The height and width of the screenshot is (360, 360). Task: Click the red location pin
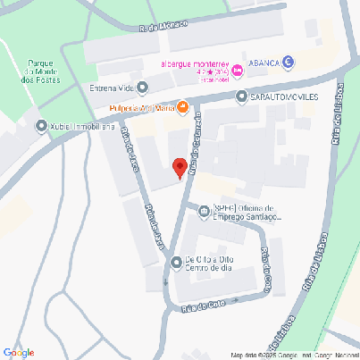[x=180, y=167]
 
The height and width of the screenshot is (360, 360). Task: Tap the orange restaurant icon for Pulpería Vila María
[x=182, y=109]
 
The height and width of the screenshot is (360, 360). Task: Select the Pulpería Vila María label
[x=142, y=109]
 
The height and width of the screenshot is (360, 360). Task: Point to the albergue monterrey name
[x=195, y=63]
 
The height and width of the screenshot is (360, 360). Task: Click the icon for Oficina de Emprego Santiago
[x=205, y=212]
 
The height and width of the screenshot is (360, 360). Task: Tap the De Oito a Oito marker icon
[x=176, y=262]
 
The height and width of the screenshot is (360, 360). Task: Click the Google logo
[x=19, y=352]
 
